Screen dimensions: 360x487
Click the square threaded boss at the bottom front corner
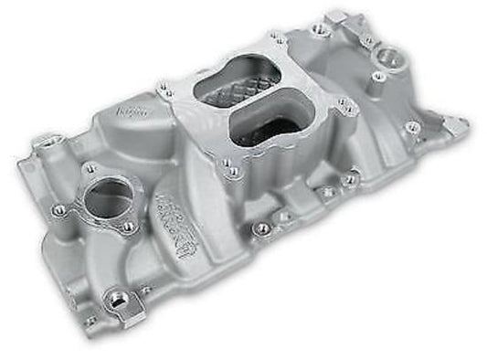118,299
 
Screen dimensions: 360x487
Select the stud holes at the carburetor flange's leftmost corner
167,90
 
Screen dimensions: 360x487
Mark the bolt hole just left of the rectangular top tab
319,29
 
